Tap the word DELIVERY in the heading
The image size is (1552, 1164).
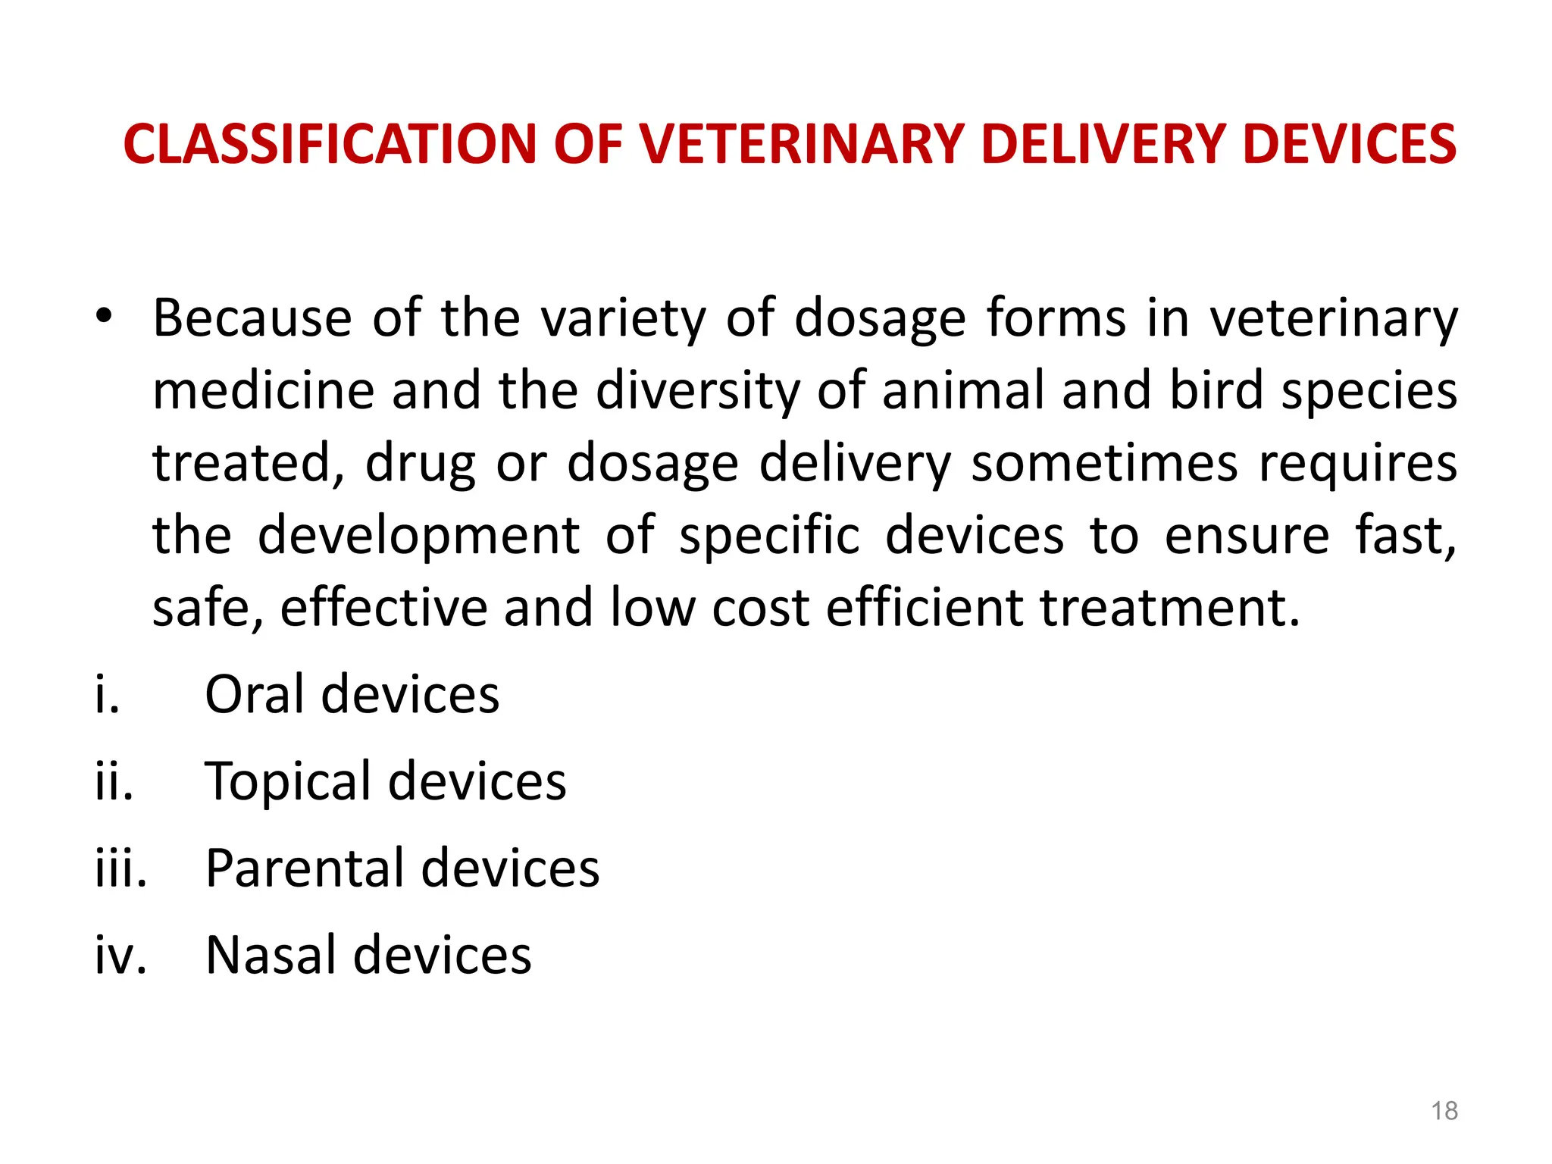[1103, 144]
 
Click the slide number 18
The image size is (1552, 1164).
[1444, 1111]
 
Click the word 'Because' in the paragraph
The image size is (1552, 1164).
[252, 318]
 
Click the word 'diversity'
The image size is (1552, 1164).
[697, 392]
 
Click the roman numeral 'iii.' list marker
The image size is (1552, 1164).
[120, 868]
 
